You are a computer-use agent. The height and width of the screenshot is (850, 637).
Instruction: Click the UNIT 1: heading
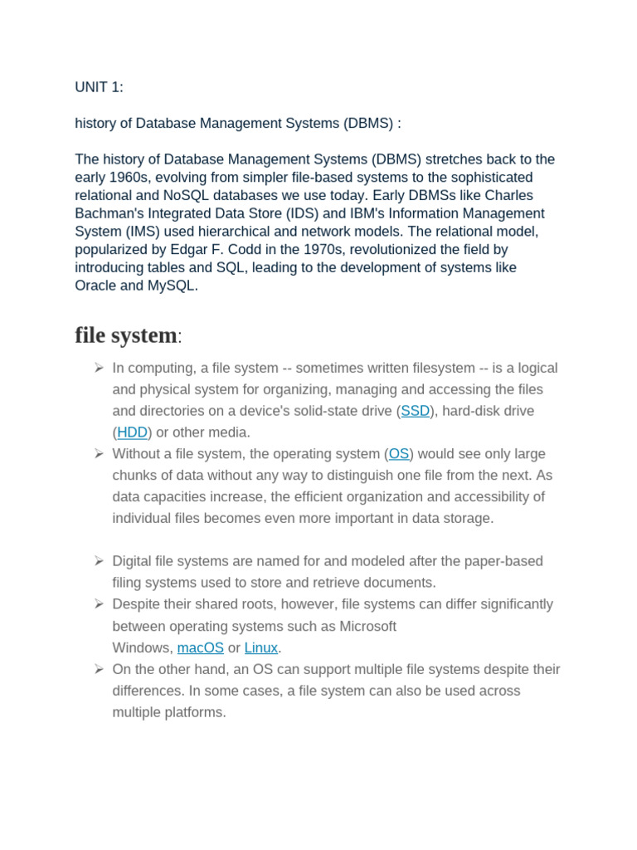[x=99, y=87]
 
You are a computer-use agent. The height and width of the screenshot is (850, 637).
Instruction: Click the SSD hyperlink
[x=416, y=411]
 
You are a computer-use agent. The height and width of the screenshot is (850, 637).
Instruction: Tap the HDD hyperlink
[x=132, y=432]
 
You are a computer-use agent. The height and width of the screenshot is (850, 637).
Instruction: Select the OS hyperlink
[x=399, y=454]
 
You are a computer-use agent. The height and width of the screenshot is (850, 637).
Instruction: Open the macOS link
[x=201, y=647]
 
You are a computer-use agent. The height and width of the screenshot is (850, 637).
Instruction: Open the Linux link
[x=260, y=647]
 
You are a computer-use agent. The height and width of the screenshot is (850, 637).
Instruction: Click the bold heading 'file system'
[x=126, y=335]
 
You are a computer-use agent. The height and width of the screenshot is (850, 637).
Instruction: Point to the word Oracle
[x=96, y=286]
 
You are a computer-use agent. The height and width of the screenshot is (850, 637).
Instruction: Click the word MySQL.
[x=172, y=286]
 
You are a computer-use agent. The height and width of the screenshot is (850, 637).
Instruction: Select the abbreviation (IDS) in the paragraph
[x=295, y=213]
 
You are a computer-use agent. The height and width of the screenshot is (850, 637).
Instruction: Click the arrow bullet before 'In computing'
[x=98, y=367]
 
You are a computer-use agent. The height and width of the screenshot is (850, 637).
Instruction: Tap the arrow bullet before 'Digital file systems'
[x=98, y=560]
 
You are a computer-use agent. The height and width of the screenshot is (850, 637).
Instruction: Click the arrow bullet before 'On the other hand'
[x=98, y=668]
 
